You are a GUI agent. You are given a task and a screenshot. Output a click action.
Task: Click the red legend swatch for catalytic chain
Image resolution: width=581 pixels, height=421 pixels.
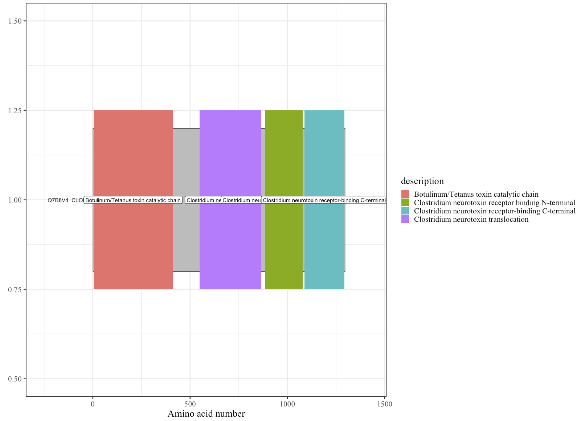click(405, 194)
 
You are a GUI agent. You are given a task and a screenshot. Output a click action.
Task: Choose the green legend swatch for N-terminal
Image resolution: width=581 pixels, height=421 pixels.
click(405, 203)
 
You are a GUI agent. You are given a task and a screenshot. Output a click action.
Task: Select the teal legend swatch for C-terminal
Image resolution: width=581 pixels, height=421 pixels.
click(405, 211)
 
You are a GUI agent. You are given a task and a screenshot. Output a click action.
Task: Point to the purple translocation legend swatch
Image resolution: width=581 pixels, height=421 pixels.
click(405, 219)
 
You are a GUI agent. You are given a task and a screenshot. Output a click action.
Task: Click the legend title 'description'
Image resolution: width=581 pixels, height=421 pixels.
click(422, 181)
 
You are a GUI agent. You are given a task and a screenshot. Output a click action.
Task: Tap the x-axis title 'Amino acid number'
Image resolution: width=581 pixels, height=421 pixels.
click(206, 414)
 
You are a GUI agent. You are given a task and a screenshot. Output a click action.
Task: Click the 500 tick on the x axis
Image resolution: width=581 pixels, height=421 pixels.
click(190, 404)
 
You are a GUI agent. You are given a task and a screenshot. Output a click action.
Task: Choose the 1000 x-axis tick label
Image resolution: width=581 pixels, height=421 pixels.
click(287, 404)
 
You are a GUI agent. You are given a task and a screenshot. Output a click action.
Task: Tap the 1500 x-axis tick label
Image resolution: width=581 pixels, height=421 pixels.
click(384, 404)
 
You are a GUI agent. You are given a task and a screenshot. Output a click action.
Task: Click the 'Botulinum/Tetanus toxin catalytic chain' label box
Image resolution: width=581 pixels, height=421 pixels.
click(133, 200)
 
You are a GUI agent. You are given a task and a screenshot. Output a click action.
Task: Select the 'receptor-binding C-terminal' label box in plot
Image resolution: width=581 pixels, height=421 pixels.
click(324, 200)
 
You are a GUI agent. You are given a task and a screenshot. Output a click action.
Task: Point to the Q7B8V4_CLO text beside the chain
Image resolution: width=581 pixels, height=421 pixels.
click(66, 200)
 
